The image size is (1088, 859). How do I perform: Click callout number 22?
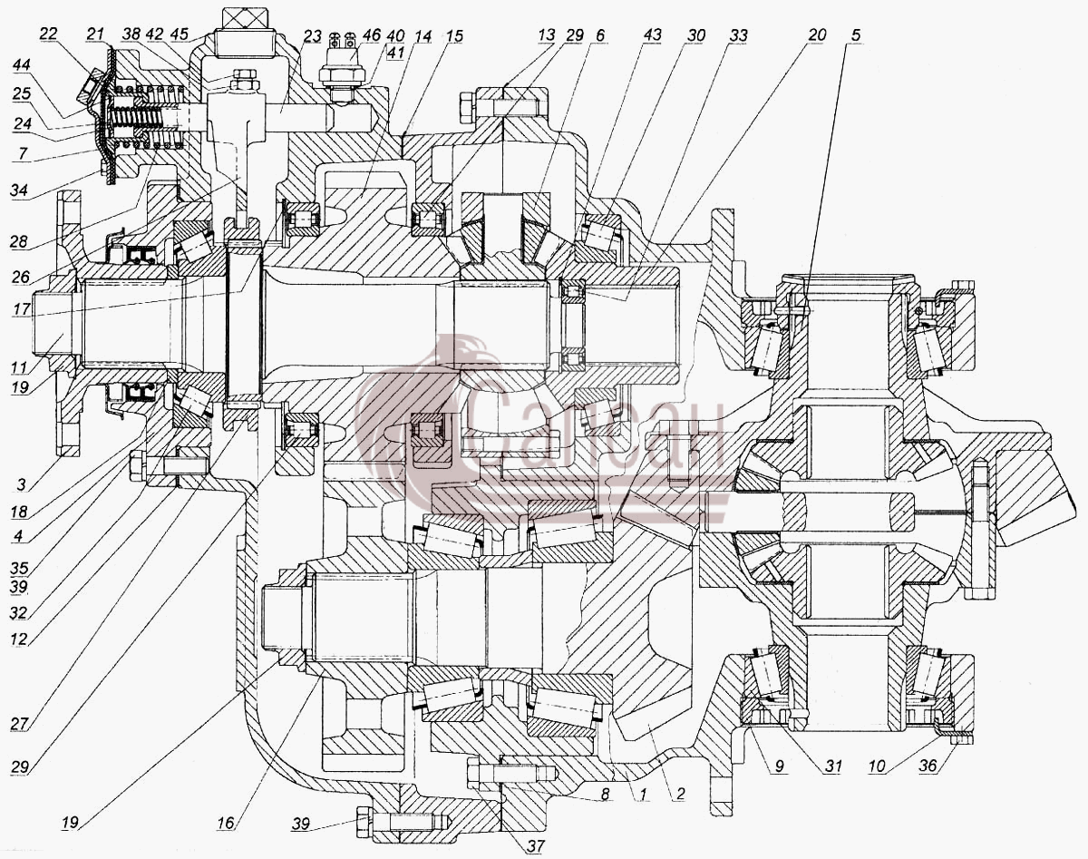[x=49, y=34]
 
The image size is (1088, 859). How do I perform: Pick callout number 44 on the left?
[x=21, y=64]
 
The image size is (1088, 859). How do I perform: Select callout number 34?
[x=19, y=190]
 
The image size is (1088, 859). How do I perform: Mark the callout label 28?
[x=18, y=241]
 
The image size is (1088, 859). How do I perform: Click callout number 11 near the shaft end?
[x=19, y=367]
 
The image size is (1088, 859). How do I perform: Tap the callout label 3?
[x=21, y=484]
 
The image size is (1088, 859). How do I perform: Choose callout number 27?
[x=19, y=725]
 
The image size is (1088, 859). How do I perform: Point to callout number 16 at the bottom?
[x=226, y=823]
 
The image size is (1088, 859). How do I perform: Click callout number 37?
[x=536, y=845]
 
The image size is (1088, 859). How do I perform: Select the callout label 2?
[x=680, y=794]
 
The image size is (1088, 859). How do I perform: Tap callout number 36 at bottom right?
[x=928, y=766]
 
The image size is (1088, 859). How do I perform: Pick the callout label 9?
[x=779, y=766]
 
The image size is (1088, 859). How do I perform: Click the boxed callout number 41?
[x=395, y=52]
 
